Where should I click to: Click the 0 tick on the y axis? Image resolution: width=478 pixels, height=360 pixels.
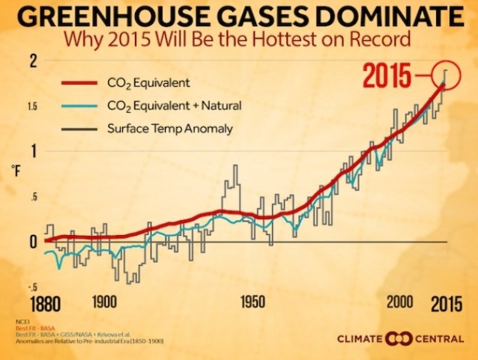tap(32, 242)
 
